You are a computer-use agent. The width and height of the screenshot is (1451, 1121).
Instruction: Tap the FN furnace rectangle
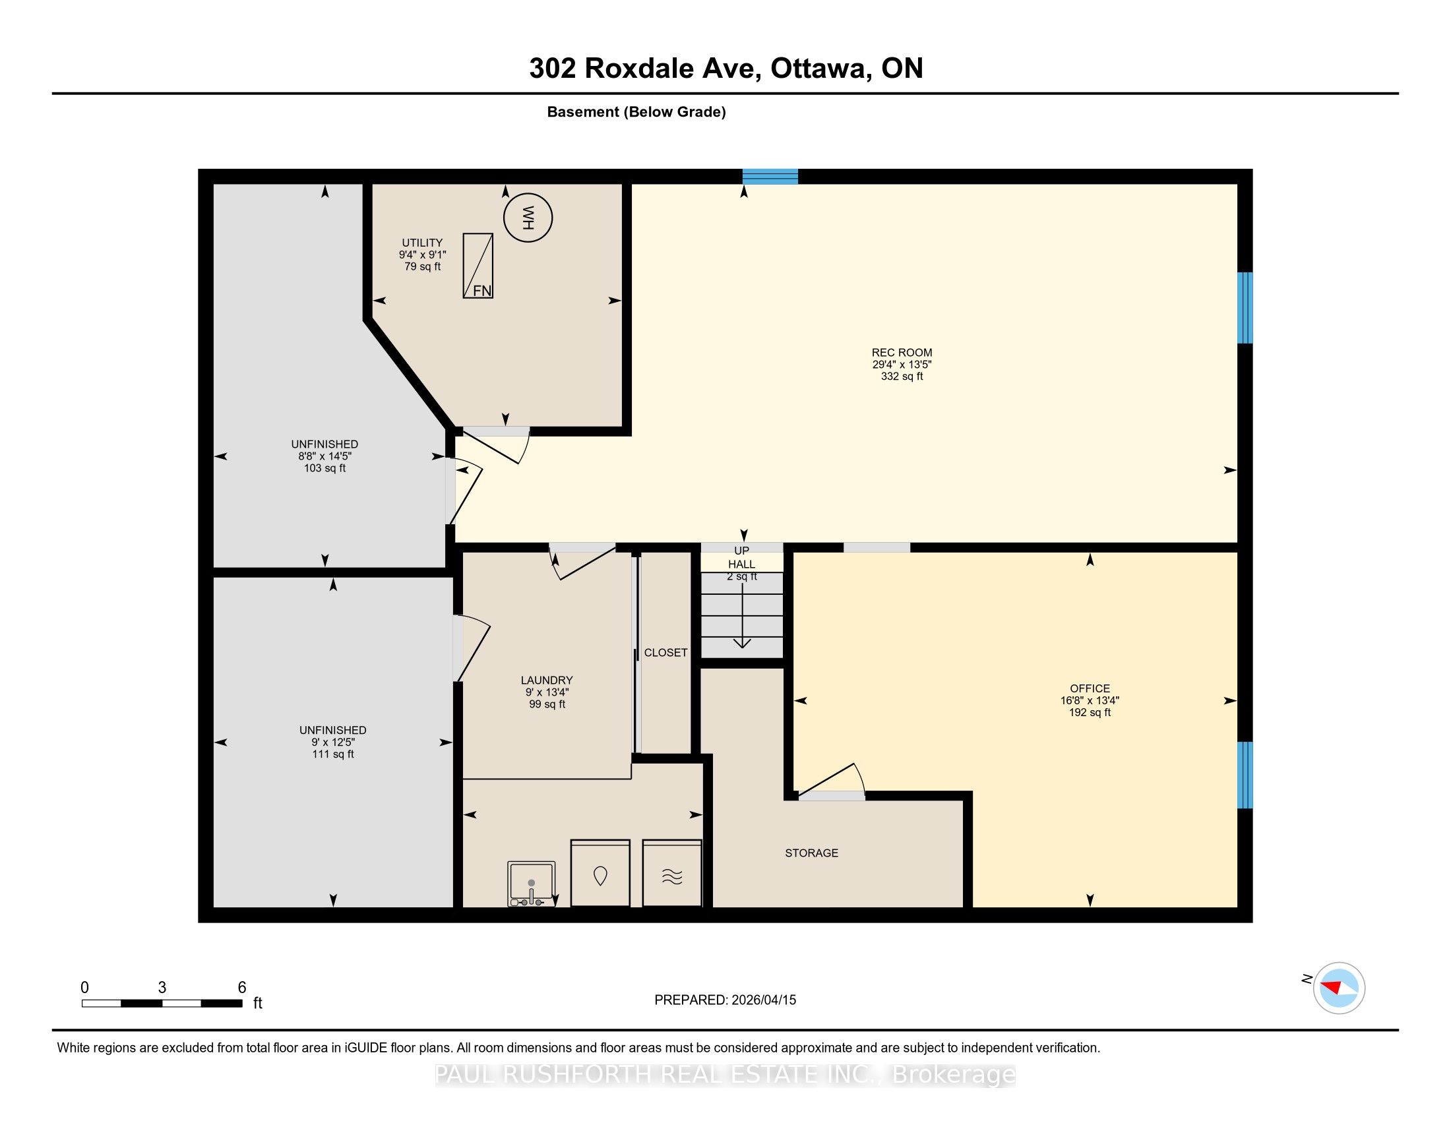point(478,266)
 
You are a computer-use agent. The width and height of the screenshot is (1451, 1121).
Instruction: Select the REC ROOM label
point(902,353)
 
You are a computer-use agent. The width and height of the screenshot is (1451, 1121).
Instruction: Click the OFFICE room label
point(1090,688)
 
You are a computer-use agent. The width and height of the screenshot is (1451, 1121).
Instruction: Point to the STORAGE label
point(811,853)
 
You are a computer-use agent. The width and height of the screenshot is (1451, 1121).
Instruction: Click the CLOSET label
point(665,653)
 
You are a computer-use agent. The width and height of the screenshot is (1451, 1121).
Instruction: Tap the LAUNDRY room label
point(547,680)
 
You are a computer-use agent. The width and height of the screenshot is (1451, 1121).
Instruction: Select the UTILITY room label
point(422,243)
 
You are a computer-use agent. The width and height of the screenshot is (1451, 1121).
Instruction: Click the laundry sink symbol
point(532,884)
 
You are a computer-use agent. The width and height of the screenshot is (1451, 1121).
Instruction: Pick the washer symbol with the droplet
point(601,873)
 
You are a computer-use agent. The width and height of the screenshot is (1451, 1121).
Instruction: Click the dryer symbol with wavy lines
point(672,873)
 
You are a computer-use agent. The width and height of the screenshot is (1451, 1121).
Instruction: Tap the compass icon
point(1339,988)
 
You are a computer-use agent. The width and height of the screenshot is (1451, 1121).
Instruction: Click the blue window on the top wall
point(770,177)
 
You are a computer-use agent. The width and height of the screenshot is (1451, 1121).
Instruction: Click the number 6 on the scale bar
point(243,988)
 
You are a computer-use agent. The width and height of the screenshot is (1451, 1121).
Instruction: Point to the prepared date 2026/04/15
point(762,1000)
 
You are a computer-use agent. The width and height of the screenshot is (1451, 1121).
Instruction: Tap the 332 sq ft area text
point(902,377)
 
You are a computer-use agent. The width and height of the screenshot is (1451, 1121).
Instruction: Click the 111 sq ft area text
point(333,754)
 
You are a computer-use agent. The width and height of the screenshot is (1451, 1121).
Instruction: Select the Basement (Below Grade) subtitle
point(636,112)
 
